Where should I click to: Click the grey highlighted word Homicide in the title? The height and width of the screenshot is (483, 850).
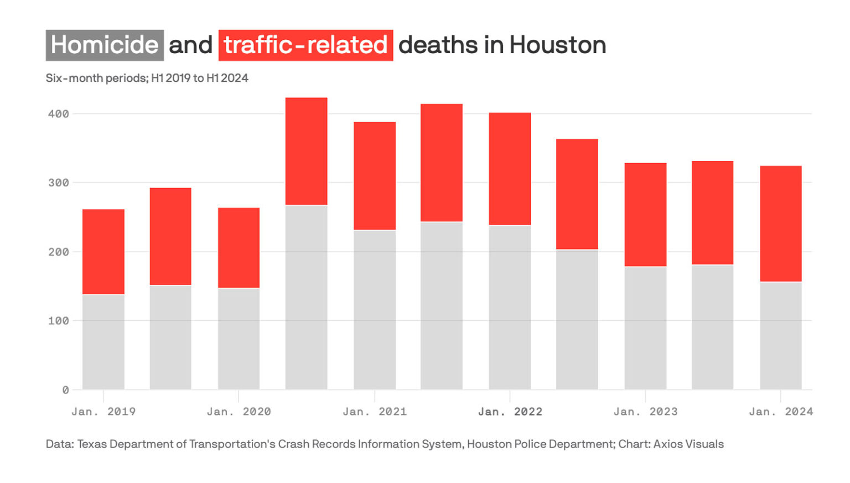pos(105,45)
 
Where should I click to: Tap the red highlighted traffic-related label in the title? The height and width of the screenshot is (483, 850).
pos(305,45)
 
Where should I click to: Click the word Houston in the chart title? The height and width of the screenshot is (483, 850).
pos(557,45)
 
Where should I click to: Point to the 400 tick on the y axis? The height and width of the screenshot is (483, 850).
pos(59,114)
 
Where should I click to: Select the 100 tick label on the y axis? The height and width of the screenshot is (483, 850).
pos(59,321)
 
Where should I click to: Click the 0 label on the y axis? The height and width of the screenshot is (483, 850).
pos(65,390)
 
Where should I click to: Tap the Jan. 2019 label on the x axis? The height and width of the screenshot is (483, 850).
pos(103,412)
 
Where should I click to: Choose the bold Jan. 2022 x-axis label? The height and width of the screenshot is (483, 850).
pos(510,412)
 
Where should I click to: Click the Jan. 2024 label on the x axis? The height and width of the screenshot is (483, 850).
pos(780,412)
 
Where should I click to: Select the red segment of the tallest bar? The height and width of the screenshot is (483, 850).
pos(306,151)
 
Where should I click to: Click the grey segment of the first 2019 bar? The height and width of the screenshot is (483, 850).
pos(103,342)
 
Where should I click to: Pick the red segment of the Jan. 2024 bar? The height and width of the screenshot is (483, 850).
pos(780,224)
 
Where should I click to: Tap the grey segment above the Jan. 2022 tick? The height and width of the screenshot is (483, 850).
pos(510,307)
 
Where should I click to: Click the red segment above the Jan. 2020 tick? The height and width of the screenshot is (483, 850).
pos(239,248)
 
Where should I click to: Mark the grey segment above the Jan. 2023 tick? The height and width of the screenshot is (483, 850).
pos(645,328)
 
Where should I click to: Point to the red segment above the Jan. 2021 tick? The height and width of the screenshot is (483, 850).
pos(375,176)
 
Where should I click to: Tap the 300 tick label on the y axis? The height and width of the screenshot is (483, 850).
pos(59,183)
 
